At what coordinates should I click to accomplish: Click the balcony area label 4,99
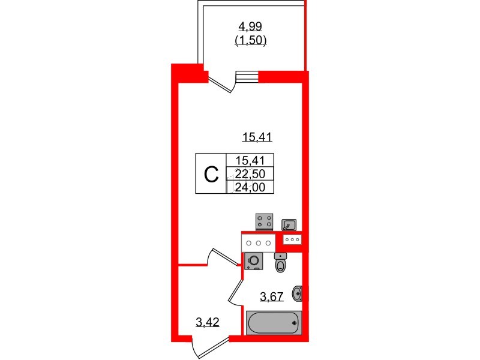tap(250, 26)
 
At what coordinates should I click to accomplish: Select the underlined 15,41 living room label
tap(257, 137)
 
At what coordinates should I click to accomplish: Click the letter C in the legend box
tap(211, 175)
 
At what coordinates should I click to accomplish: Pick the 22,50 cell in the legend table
tap(250, 174)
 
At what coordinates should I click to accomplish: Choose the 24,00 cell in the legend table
tap(250, 187)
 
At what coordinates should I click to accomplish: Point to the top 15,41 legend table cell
tap(250, 160)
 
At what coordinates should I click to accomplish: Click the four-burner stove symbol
tap(264, 221)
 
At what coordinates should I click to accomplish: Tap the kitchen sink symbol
tap(289, 224)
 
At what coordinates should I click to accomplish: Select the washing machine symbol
tap(254, 262)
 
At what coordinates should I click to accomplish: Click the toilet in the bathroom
tap(280, 262)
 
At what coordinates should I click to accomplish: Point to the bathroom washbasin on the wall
tap(297, 293)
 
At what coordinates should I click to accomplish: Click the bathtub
tap(274, 323)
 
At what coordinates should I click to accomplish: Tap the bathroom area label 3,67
tap(272, 296)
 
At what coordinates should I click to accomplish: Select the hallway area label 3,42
tap(207, 322)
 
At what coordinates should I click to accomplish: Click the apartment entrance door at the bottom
tap(211, 349)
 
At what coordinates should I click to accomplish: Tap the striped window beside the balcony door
tap(247, 77)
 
